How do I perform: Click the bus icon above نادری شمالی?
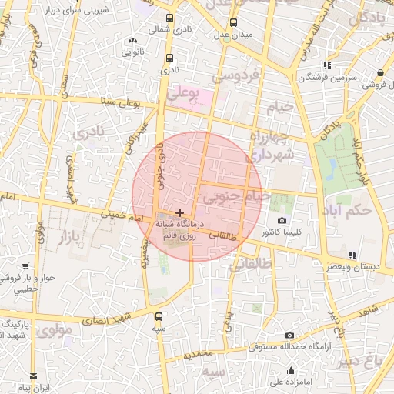169,18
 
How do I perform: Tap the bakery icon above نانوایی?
133,41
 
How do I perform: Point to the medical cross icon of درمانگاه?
179,212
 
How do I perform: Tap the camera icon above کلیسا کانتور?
282,221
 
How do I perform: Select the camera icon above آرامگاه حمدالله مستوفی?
289,335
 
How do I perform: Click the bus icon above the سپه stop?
159,316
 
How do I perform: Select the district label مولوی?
54,332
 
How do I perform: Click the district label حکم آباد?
347,210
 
